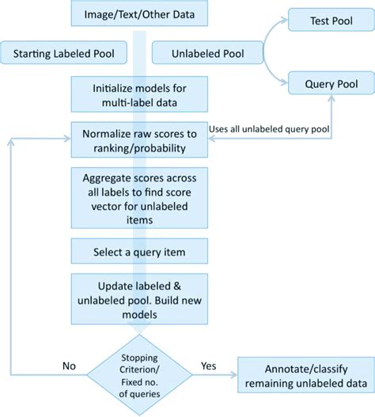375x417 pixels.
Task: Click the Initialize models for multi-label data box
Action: (x=139, y=93)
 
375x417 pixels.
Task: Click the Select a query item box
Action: (x=139, y=252)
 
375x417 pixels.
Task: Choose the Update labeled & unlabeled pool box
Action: (x=139, y=297)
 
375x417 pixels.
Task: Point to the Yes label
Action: (x=209, y=366)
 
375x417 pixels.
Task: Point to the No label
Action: (x=69, y=366)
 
